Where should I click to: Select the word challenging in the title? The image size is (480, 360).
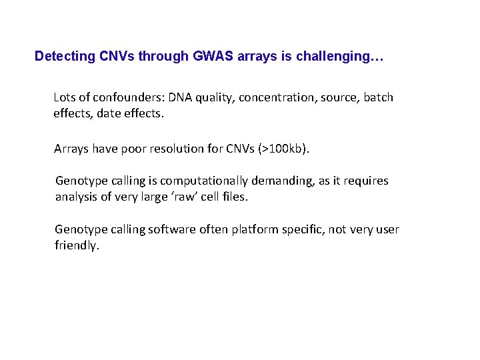339,57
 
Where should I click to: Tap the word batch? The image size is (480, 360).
378,97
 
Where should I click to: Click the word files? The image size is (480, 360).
233,197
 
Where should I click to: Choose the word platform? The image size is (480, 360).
255,230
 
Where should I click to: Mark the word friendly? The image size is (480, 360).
76,246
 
